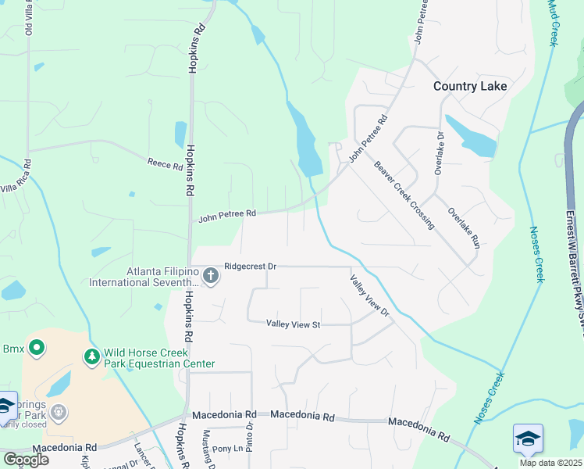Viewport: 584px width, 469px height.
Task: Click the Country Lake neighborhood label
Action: click(470, 86)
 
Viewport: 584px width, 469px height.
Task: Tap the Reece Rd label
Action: click(164, 163)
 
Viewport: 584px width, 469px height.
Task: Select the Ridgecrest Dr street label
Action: click(250, 266)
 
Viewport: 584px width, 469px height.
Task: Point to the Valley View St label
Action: click(294, 323)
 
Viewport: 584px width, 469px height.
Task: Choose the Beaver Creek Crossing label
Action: click(404, 195)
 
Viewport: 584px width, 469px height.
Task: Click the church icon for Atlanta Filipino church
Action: click(210, 275)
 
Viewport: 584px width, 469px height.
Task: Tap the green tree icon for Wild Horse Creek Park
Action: click(92, 357)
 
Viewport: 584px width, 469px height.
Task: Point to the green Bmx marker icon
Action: click(36, 347)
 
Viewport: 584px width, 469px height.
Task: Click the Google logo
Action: click(26, 460)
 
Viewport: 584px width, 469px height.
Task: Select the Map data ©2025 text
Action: click(549, 463)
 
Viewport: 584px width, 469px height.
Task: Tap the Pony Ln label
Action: click(227, 449)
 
